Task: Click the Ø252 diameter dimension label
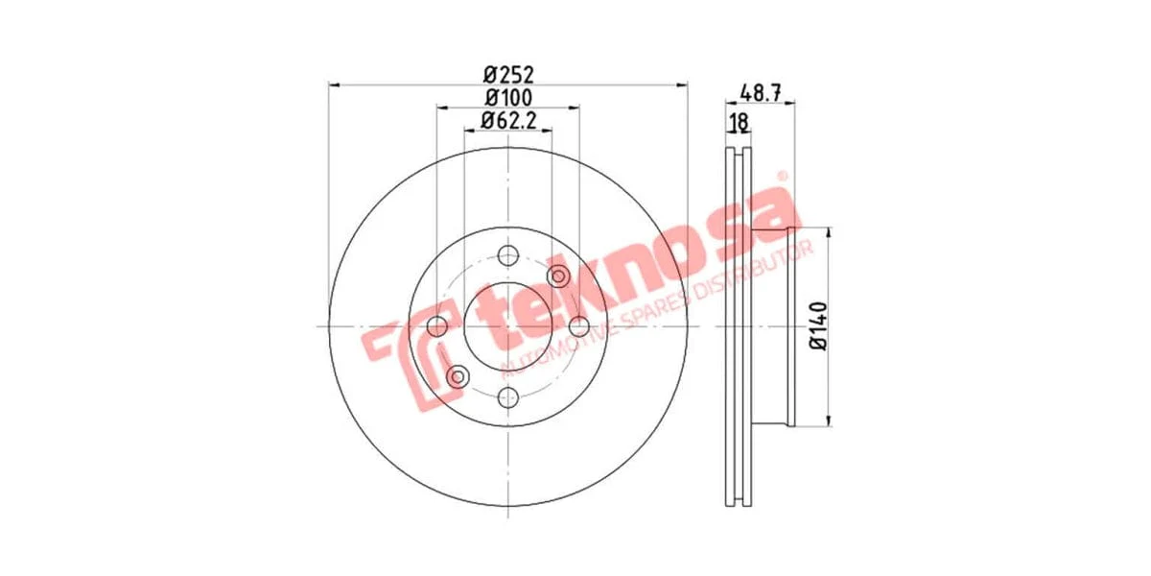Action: [x=508, y=75]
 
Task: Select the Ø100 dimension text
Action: [x=508, y=98]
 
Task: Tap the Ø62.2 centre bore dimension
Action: [x=508, y=121]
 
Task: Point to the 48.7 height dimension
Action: [x=761, y=93]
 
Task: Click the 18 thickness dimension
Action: [x=739, y=123]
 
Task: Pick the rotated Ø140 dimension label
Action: [x=819, y=326]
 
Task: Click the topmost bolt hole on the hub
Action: [x=508, y=255]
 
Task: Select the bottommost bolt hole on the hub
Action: [x=508, y=397]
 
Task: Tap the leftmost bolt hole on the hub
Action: [x=437, y=326]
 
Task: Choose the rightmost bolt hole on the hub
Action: [x=579, y=326]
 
